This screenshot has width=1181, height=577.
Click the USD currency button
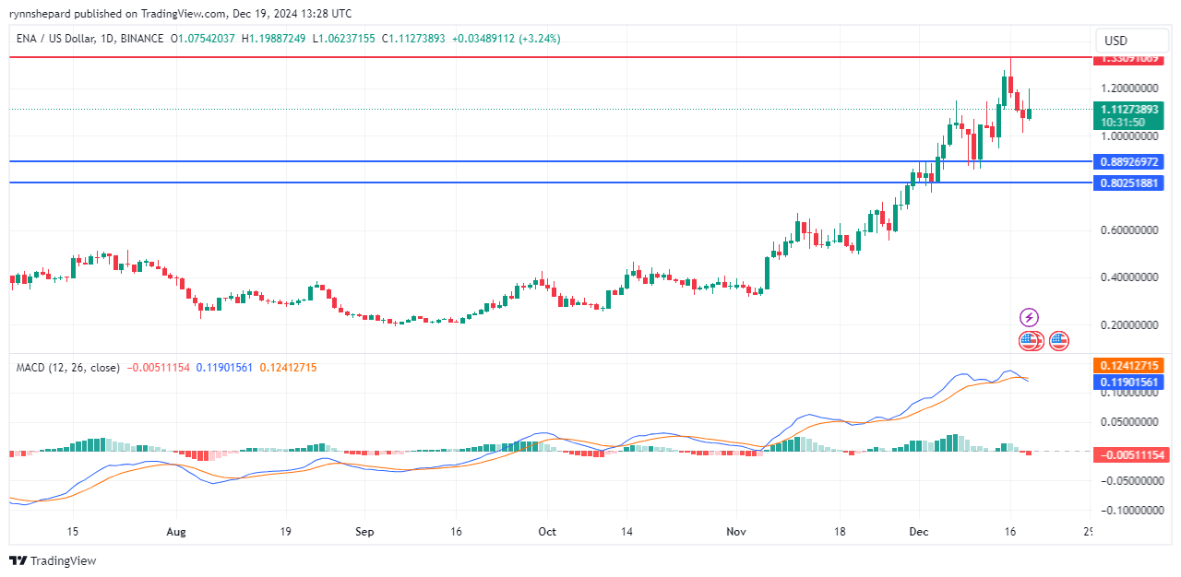pyautogui.click(x=1115, y=41)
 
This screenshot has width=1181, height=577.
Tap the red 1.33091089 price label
pyautogui.click(x=1128, y=59)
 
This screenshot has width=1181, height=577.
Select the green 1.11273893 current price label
pyautogui.click(x=1128, y=109)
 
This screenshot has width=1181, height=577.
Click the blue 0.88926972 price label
pyautogui.click(x=1128, y=161)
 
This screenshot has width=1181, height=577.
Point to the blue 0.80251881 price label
pyautogui.click(x=1128, y=183)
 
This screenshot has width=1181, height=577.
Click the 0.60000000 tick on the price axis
pyautogui.click(x=1128, y=230)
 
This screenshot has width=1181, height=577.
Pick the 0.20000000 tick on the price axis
pyautogui.click(x=1128, y=325)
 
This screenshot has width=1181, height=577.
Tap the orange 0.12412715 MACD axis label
pyautogui.click(x=1128, y=366)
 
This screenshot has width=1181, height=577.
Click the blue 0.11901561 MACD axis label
pyautogui.click(x=1128, y=381)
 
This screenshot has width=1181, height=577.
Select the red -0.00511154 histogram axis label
pyautogui.click(x=1128, y=454)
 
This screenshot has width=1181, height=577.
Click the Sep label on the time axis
pyautogui.click(x=364, y=532)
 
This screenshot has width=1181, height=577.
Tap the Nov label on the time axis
pyautogui.click(x=735, y=532)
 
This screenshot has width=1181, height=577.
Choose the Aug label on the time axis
pyautogui.click(x=176, y=532)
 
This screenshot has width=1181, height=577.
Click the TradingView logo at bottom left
pyautogui.click(x=53, y=560)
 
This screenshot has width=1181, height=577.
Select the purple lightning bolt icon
pyautogui.click(x=1029, y=318)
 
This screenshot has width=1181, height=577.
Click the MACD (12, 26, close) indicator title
pyautogui.click(x=68, y=368)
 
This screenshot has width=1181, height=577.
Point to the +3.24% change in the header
pyautogui.click(x=540, y=39)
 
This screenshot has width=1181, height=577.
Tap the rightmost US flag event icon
pyautogui.click(x=1059, y=341)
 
